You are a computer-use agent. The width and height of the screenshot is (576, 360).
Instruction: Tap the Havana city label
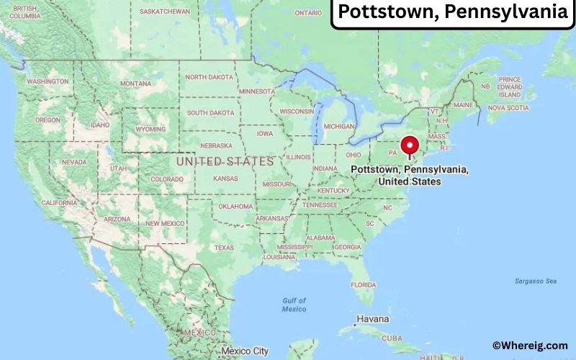372,319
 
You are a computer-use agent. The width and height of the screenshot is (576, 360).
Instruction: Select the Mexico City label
245,351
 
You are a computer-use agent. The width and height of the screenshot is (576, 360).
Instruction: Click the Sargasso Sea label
531,281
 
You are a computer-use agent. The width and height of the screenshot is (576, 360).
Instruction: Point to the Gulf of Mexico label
294,305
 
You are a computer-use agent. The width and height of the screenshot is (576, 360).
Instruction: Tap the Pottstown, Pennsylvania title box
453,12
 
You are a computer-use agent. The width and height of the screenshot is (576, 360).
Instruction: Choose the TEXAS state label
224,248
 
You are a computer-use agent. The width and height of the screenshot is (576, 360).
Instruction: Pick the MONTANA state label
136,84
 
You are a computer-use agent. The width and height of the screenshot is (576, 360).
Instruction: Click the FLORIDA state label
363,284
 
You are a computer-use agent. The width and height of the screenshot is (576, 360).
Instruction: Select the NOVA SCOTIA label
508,108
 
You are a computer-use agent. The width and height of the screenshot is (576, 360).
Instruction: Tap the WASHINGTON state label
48,81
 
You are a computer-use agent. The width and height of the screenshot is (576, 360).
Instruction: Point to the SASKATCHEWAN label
165,12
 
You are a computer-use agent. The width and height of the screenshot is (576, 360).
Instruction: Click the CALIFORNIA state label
59,203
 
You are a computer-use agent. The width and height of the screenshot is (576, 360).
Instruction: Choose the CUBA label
392,338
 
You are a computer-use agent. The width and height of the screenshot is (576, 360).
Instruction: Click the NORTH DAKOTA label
210,77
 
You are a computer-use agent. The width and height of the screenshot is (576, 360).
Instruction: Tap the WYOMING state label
150,130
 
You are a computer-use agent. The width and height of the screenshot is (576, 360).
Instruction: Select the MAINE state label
464,105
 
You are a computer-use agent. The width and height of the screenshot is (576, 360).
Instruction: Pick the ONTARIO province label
308,13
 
